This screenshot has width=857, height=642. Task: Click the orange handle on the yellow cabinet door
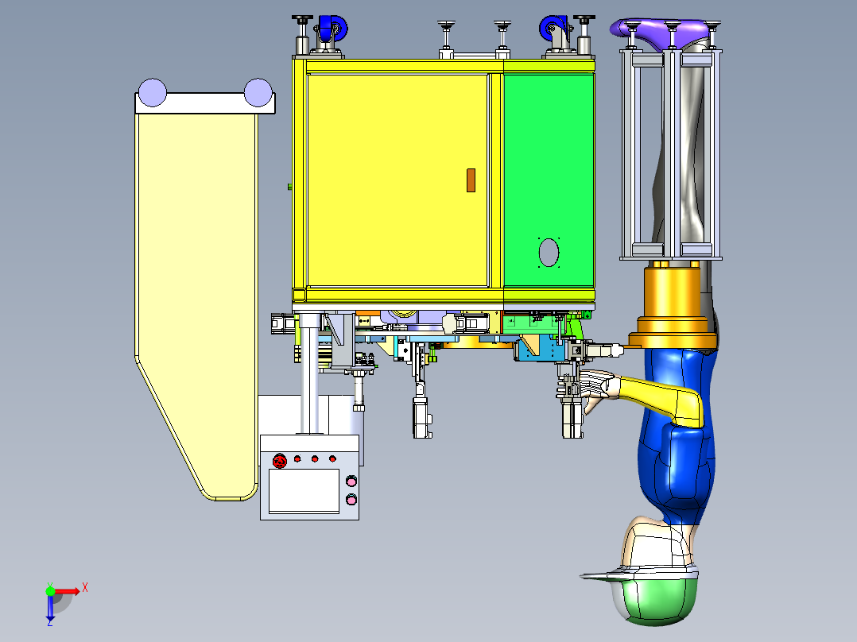(471, 180)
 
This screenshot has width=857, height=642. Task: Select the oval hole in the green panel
(549, 253)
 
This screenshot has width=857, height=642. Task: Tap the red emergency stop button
(279, 461)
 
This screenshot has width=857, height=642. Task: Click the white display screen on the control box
(304, 491)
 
